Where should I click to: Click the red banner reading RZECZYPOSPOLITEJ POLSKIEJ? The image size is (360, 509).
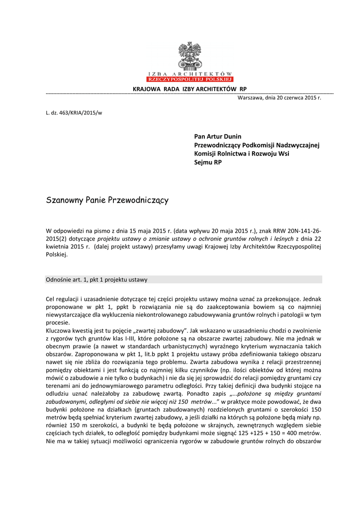[189, 79]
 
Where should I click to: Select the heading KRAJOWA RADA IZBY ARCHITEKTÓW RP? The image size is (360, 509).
[189, 88]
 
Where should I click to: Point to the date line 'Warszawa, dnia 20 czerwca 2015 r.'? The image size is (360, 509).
[279, 97]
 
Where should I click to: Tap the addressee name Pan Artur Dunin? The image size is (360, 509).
[218, 136]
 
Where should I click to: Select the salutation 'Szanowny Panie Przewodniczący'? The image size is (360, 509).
[107, 200]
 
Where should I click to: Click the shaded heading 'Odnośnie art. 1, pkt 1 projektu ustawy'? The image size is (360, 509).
[97, 279]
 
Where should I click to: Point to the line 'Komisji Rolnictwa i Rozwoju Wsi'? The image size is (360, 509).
[241, 154]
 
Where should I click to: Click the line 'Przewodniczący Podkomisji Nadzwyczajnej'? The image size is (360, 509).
[256, 145]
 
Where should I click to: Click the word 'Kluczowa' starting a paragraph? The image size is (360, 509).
[59, 330]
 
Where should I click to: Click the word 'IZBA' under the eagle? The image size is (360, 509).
[156, 73]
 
